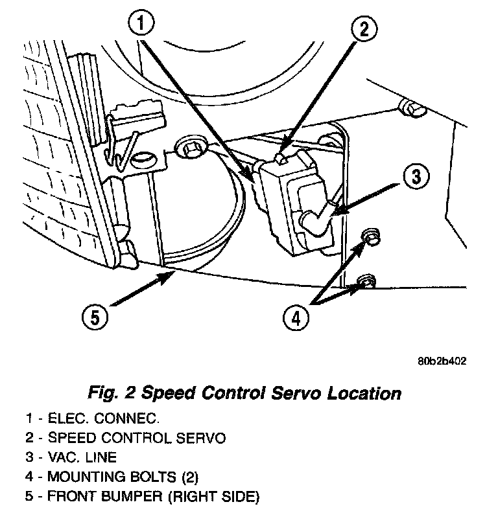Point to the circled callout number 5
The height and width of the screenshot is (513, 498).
click(x=94, y=317)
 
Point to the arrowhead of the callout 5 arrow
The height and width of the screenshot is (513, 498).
click(x=171, y=275)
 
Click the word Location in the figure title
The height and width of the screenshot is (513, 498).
click(x=370, y=393)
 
